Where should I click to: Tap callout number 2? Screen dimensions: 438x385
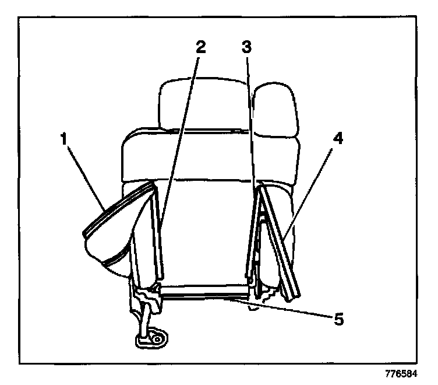200,47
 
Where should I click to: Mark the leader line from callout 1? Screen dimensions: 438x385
85,175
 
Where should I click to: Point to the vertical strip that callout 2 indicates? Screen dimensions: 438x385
158,233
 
